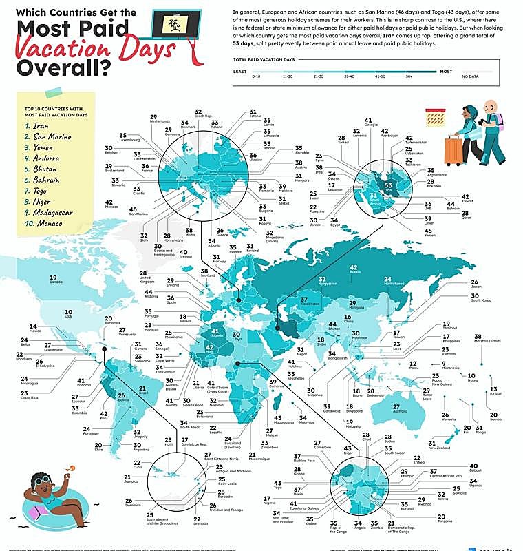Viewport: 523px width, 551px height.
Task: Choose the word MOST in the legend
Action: click(x=446, y=71)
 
